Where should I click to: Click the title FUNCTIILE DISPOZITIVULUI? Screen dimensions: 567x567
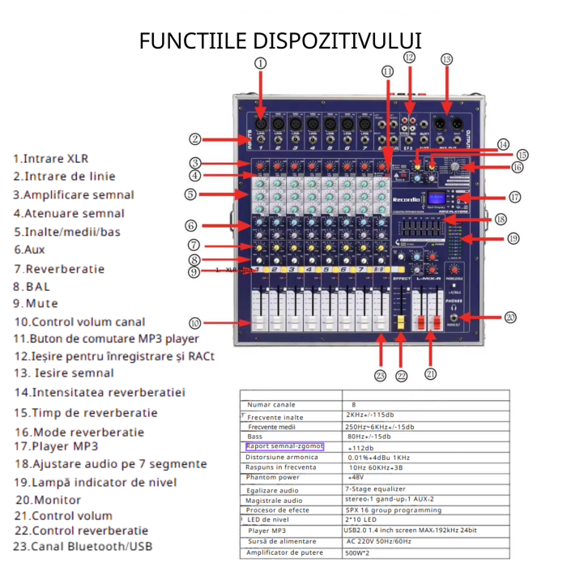click(281, 40)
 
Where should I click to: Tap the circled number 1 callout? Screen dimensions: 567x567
click(260, 62)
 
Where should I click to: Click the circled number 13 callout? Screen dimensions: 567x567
click(446, 59)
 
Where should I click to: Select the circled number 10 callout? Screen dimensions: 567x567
click(194, 322)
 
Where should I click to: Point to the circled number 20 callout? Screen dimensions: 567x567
click(509, 318)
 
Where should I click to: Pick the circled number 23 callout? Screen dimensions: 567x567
click(381, 374)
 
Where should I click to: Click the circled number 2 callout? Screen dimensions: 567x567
click(195, 138)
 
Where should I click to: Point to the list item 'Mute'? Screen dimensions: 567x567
click(32, 303)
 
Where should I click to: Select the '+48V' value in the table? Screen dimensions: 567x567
click(356, 478)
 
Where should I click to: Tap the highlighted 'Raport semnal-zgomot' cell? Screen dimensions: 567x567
click(283, 446)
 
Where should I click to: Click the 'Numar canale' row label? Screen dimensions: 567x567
click(271, 404)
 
